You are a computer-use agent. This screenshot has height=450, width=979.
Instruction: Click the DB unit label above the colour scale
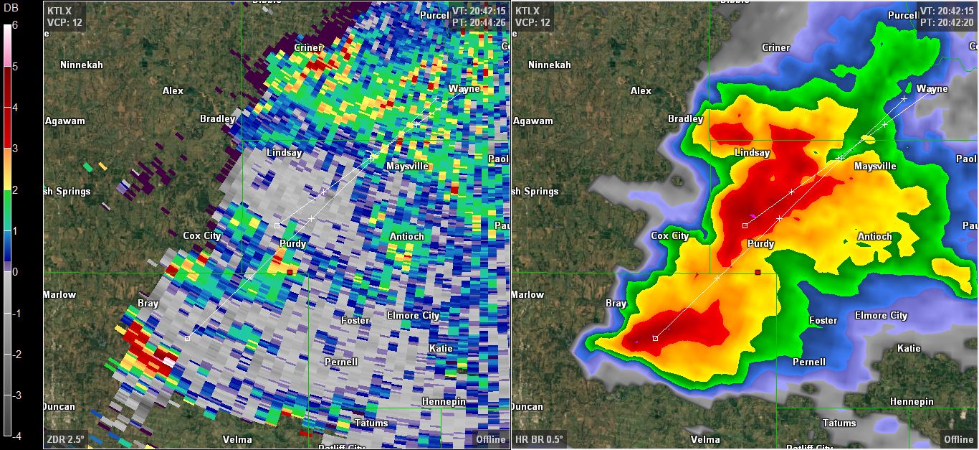[11, 8]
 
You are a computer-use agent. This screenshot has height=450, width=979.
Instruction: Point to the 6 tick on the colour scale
[15, 25]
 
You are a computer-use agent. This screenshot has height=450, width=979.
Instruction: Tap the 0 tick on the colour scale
[15, 271]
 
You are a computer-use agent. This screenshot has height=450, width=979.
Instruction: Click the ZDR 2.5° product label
[65, 439]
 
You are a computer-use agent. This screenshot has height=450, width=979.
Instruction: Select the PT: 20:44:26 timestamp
[479, 22]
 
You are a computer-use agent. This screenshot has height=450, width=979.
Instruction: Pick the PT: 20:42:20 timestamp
[947, 22]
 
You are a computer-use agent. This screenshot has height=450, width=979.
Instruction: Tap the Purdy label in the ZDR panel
[292, 244]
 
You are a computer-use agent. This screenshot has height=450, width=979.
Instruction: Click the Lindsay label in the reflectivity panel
[752, 153]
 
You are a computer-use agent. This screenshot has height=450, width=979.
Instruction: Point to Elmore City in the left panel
[413, 316]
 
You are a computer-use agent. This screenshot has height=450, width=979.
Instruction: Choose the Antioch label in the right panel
[874, 236]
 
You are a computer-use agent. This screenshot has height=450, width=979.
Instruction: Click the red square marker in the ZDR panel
[290, 273]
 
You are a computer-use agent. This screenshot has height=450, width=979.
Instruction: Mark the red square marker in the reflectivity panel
[758, 272]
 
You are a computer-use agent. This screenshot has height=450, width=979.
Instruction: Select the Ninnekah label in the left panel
[82, 65]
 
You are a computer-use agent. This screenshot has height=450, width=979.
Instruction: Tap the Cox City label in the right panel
[669, 235]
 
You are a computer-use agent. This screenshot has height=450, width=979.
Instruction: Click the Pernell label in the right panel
[808, 362]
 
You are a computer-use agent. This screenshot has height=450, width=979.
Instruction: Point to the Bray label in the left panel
[148, 304]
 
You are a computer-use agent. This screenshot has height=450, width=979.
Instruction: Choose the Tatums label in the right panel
[839, 423]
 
